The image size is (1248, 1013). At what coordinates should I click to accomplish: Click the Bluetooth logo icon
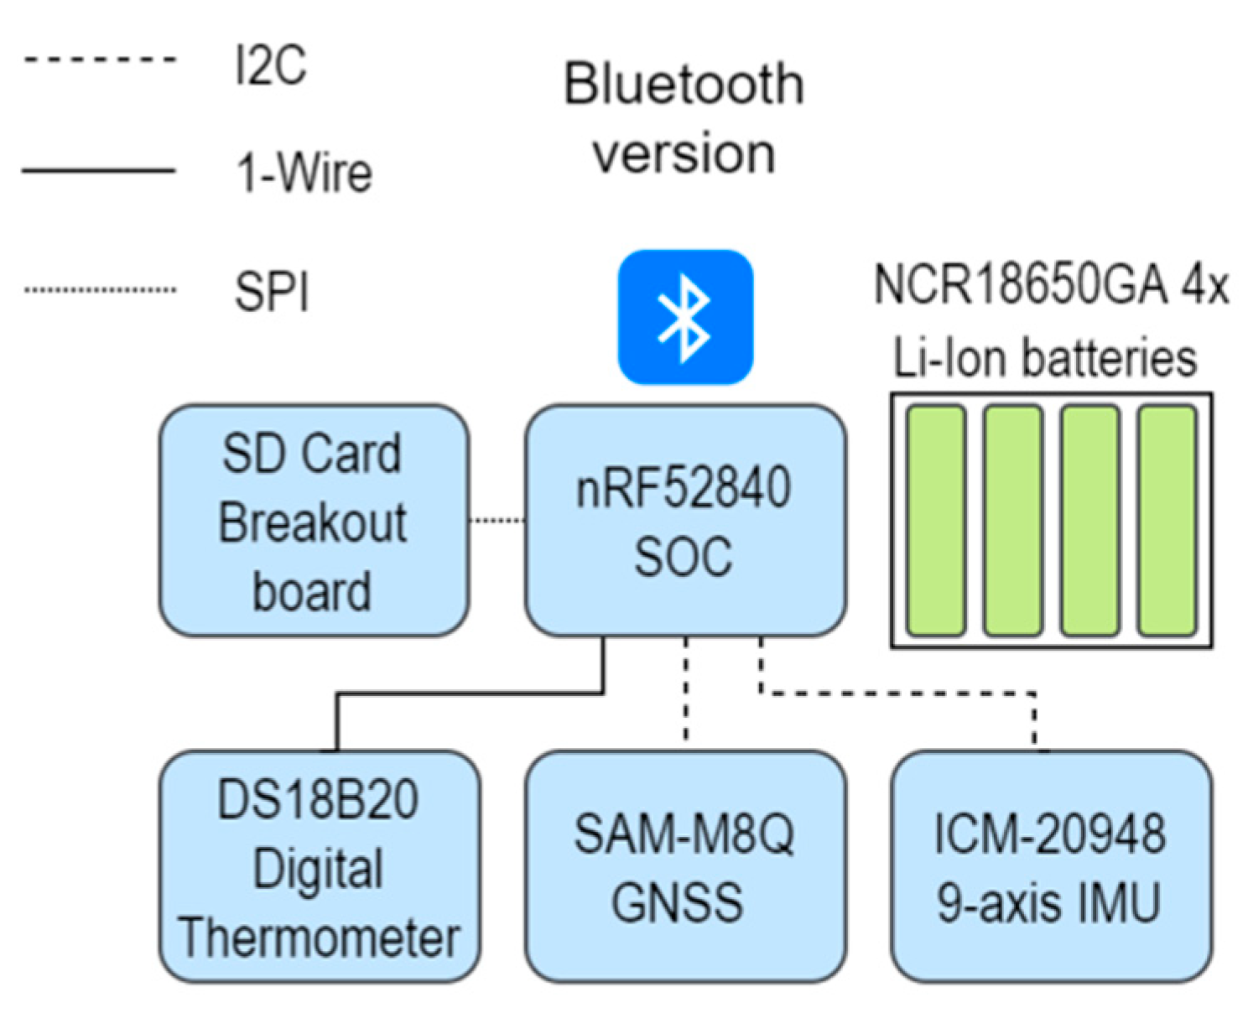tap(685, 317)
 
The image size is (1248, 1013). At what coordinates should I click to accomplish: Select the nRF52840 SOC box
tap(685, 520)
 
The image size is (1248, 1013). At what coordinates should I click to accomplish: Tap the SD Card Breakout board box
tap(314, 520)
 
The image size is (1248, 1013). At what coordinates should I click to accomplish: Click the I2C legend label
tap(270, 65)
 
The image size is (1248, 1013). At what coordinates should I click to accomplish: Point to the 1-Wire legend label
tap(304, 173)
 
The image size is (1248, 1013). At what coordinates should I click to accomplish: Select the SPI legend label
tap(272, 293)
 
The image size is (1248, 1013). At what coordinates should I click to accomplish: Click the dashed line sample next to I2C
tap(99, 60)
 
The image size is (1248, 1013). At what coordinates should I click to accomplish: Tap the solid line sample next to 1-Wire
tap(99, 170)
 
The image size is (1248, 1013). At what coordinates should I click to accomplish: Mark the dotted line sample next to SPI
tap(99, 290)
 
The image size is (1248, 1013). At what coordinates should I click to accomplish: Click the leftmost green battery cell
tap(936, 520)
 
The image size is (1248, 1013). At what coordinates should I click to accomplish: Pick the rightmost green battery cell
tap(1167, 520)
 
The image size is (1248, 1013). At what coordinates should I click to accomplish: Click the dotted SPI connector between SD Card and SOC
tap(497, 521)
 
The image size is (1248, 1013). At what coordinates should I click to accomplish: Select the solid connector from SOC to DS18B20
tap(470, 694)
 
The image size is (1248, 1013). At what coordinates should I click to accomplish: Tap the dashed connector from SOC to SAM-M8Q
tap(686, 692)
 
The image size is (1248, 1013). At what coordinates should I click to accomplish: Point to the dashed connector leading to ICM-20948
tap(897, 694)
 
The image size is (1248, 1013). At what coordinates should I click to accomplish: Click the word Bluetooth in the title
tap(684, 84)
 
